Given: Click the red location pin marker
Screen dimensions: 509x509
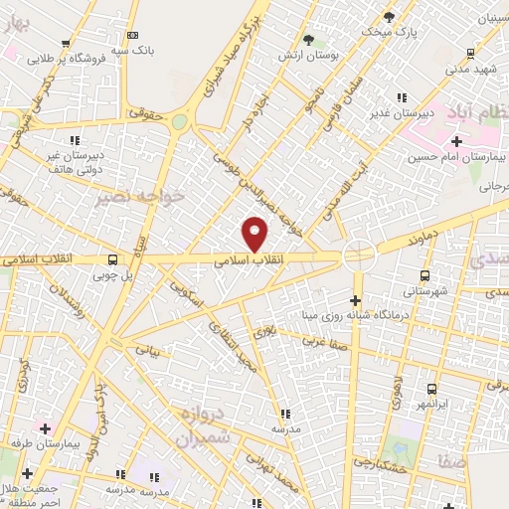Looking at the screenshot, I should (x=255, y=235).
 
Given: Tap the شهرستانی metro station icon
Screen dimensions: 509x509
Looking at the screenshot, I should (x=424, y=276).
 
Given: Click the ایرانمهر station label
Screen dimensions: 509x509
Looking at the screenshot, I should (x=430, y=406).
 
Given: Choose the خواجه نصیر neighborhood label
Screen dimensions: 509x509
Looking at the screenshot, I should (x=141, y=197).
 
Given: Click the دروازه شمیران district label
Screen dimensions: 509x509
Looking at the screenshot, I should (x=200, y=424).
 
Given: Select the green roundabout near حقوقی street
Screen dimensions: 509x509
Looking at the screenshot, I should (x=179, y=121).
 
